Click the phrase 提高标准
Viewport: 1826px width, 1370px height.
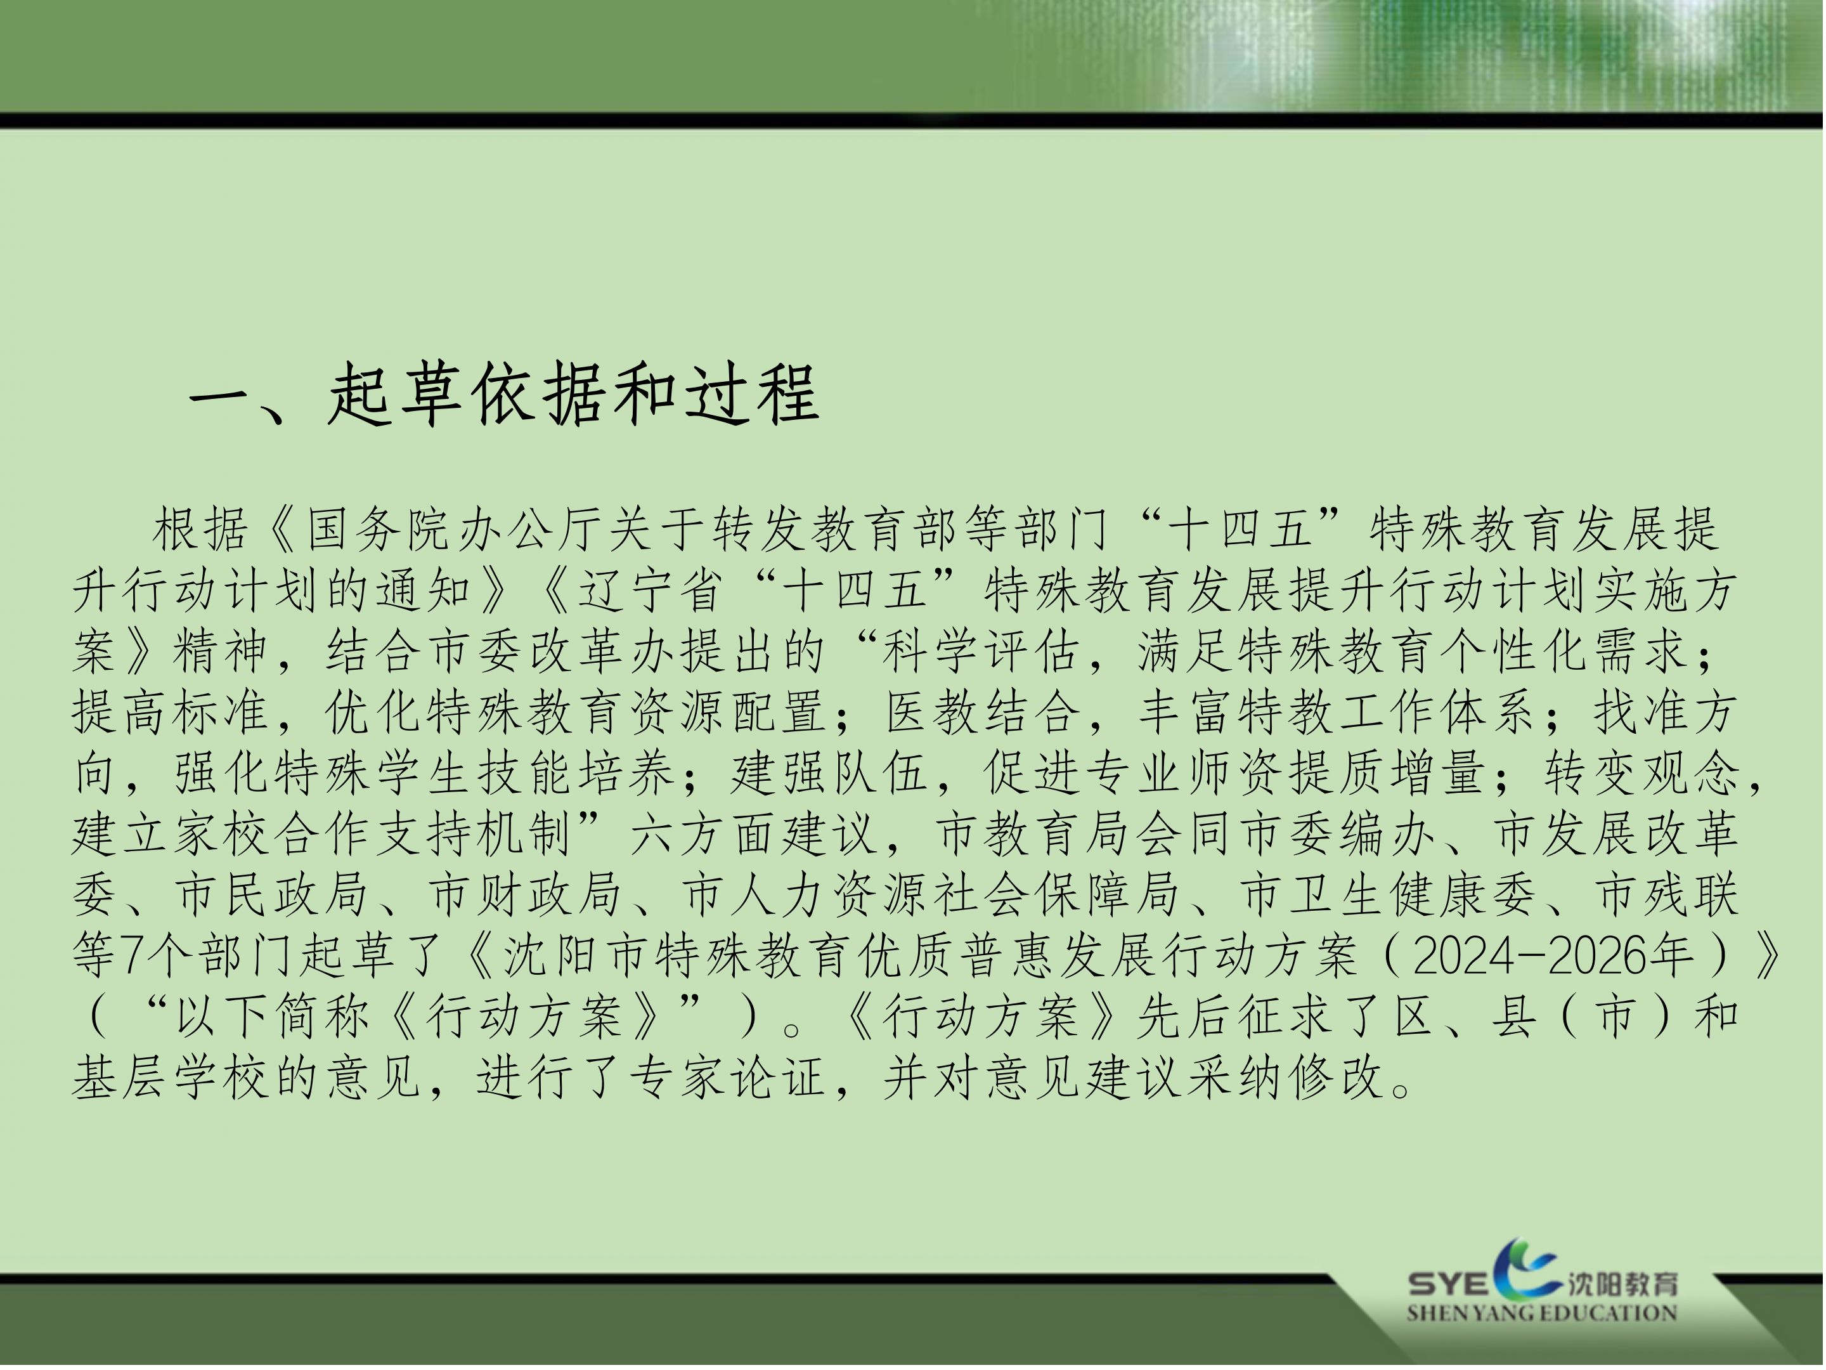[x=170, y=713]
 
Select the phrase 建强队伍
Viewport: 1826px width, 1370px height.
[x=829, y=774]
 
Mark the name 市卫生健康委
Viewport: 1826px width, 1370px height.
[x=1387, y=896]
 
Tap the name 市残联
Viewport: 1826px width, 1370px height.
[x=1667, y=896]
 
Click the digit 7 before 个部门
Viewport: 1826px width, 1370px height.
[x=132, y=957]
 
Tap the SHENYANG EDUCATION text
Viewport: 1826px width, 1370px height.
[x=1542, y=1313]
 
